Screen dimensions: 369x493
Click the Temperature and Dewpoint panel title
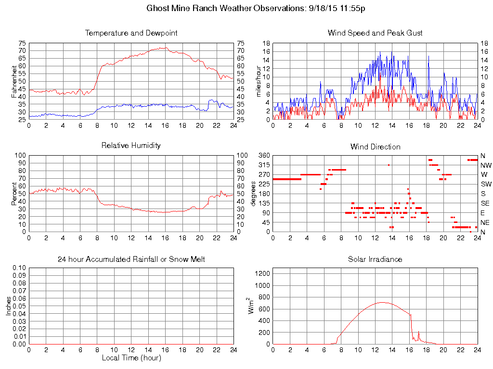tap(131, 33)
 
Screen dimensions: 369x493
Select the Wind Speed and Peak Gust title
tap(375, 33)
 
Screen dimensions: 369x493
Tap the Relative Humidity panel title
tap(131, 145)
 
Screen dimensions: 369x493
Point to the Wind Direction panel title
tap(375, 147)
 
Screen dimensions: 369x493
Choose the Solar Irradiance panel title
tap(375, 259)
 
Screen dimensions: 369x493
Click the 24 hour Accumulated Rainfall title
tap(131, 259)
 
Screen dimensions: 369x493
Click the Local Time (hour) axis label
tap(131, 358)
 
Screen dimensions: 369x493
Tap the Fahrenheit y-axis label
tap(14, 81)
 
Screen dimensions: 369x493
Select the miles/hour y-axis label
tap(258, 81)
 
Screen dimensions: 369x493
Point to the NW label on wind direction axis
tap(486, 165)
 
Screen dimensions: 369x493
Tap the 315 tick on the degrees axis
tap(263, 165)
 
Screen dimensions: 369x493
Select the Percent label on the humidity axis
tap(14, 194)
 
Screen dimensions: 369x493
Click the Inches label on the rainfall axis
tap(8, 306)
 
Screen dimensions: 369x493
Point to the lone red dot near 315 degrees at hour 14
tap(389, 165)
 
